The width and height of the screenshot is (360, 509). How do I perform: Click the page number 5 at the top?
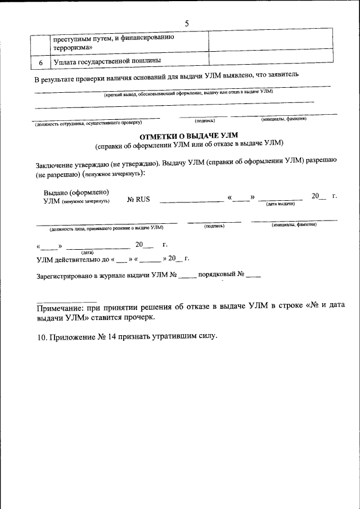click(x=186, y=23)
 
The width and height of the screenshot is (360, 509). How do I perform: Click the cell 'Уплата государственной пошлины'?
click(x=107, y=61)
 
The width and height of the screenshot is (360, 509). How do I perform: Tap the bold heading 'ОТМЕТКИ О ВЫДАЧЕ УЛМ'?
click(x=189, y=136)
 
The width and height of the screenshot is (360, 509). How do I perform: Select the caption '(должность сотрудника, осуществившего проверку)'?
click(x=88, y=123)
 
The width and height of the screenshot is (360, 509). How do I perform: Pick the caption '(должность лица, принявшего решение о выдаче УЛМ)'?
click(x=106, y=228)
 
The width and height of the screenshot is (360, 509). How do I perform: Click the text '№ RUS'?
click(x=138, y=199)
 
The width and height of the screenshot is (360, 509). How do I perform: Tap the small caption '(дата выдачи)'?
click(x=280, y=204)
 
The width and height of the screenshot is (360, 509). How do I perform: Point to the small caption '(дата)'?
click(x=87, y=253)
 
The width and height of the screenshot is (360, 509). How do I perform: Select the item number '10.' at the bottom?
click(x=41, y=336)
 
